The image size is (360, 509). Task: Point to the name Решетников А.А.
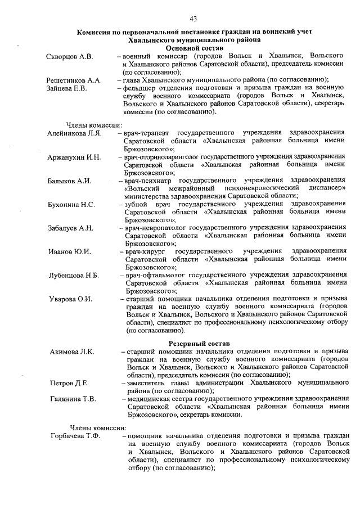point(74,80)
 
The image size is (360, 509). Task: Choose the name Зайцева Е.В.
point(66,88)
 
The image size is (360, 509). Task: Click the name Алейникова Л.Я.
point(75,133)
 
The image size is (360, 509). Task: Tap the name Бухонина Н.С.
point(71,204)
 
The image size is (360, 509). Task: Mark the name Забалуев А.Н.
point(71,228)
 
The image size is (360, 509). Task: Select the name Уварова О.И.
point(70,299)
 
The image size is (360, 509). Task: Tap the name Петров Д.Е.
point(69,384)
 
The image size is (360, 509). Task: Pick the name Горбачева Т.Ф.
point(74,435)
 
